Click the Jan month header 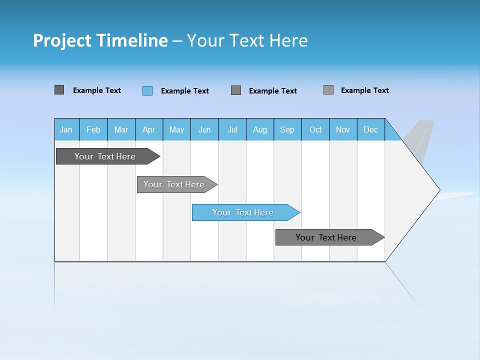66,129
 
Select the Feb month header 93,129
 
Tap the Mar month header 121,129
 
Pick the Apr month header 148,129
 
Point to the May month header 176,129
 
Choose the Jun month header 204,129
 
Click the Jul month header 232,129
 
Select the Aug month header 260,129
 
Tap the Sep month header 287,129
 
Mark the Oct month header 315,129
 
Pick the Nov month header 343,129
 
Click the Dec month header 371,129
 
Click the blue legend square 147,90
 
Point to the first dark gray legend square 59,90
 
